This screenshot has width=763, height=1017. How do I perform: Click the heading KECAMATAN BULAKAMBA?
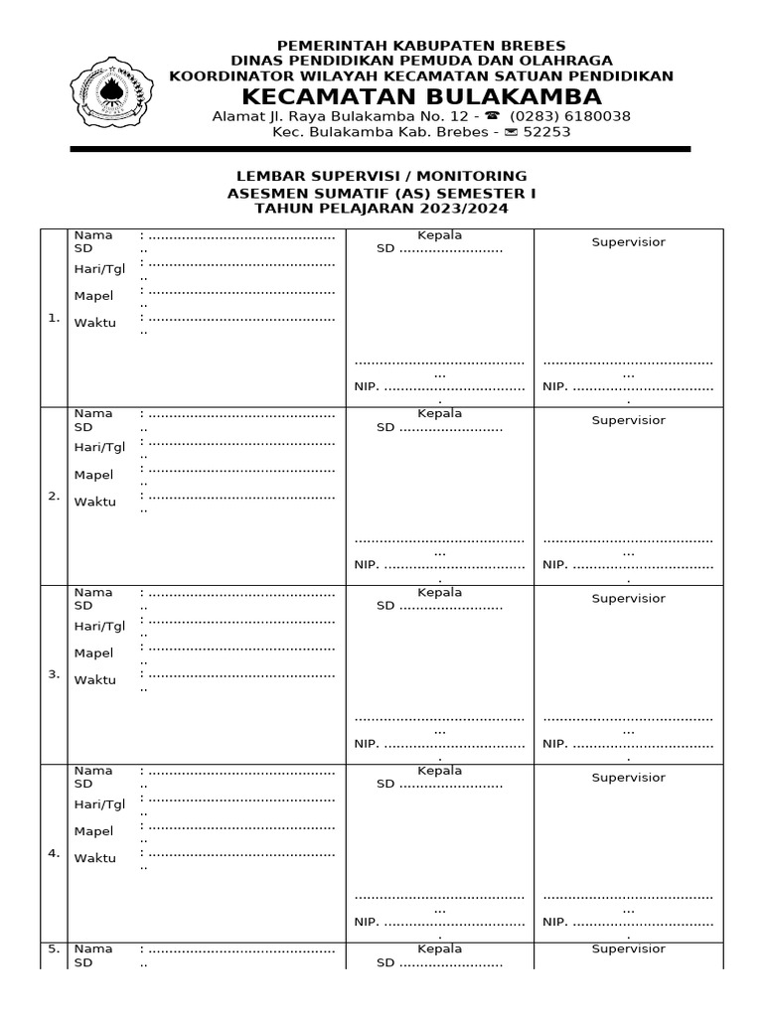(x=422, y=96)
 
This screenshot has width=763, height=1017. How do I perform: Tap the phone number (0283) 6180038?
(x=570, y=116)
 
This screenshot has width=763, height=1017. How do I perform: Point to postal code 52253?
(x=546, y=132)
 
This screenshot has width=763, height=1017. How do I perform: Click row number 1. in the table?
(x=54, y=319)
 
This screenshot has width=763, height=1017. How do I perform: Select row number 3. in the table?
(x=54, y=675)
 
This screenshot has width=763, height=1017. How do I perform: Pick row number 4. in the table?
(x=54, y=853)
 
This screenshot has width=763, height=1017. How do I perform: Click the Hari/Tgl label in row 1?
(x=99, y=269)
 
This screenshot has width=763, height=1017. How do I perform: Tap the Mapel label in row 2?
(x=93, y=475)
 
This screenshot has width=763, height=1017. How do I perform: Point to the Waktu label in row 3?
(x=94, y=680)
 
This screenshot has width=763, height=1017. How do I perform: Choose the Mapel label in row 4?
(x=93, y=831)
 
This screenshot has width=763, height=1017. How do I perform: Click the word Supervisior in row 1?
(x=629, y=242)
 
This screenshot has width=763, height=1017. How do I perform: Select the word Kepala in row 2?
(x=439, y=413)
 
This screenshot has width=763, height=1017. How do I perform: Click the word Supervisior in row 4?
(x=629, y=778)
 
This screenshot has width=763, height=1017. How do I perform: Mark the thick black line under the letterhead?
(x=380, y=149)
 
